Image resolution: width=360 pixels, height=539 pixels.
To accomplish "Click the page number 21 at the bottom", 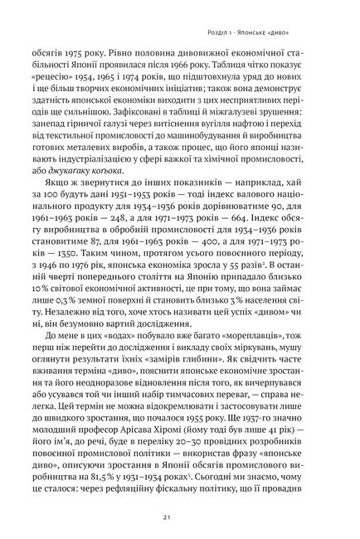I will [180, 518].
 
